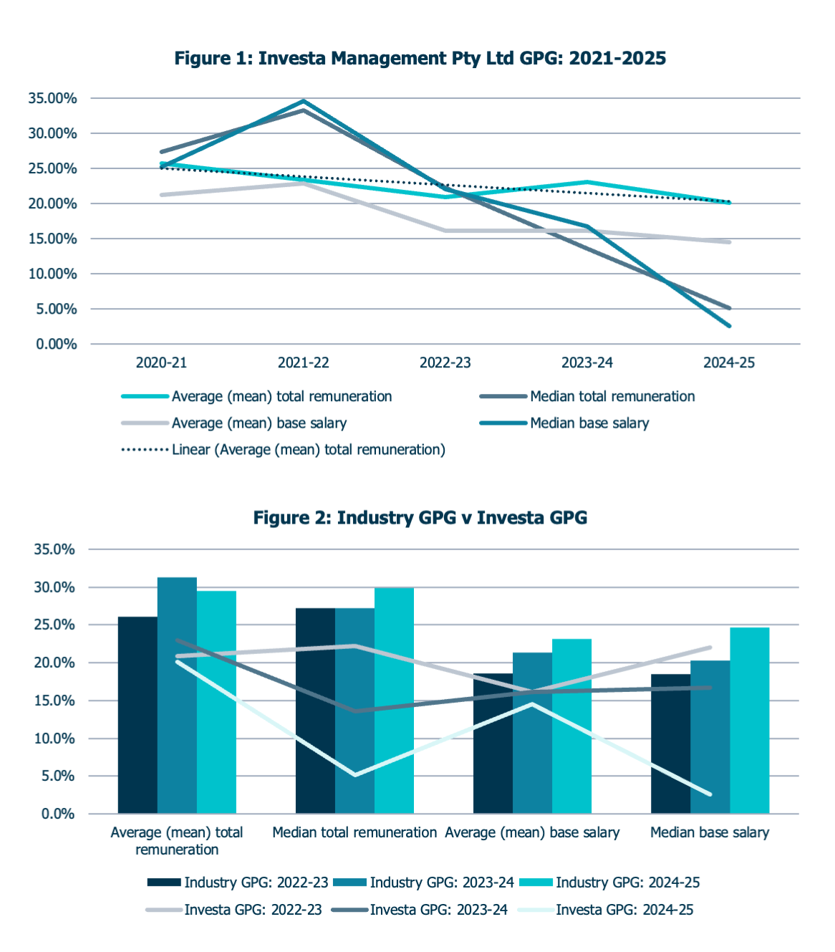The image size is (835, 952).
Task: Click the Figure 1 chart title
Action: [x=420, y=58]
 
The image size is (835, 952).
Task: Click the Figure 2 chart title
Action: [x=420, y=517]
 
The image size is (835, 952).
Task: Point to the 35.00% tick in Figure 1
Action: [x=52, y=99]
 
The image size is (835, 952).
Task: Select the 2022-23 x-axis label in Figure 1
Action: [x=445, y=362]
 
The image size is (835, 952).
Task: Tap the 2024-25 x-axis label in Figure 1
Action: [x=728, y=362]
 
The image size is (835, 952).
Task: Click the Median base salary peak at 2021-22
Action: [x=304, y=101]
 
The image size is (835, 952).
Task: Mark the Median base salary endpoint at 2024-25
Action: [x=729, y=326]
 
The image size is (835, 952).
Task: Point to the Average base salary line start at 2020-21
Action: [x=162, y=195]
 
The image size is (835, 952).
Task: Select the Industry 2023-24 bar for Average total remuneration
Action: [x=177, y=695]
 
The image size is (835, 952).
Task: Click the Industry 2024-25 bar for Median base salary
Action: [x=749, y=720]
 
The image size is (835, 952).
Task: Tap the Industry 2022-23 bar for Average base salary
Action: [x=493, y=743]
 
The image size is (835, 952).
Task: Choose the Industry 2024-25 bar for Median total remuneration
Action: [x=394, y=700]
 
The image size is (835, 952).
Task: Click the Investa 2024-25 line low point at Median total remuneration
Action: [x=355, y=774]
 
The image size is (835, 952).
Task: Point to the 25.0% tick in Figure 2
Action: [x=54, y=625]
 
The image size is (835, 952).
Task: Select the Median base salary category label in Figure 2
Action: [x=709, y=832]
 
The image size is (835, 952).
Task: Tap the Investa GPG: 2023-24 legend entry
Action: [x=438, y=910]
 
